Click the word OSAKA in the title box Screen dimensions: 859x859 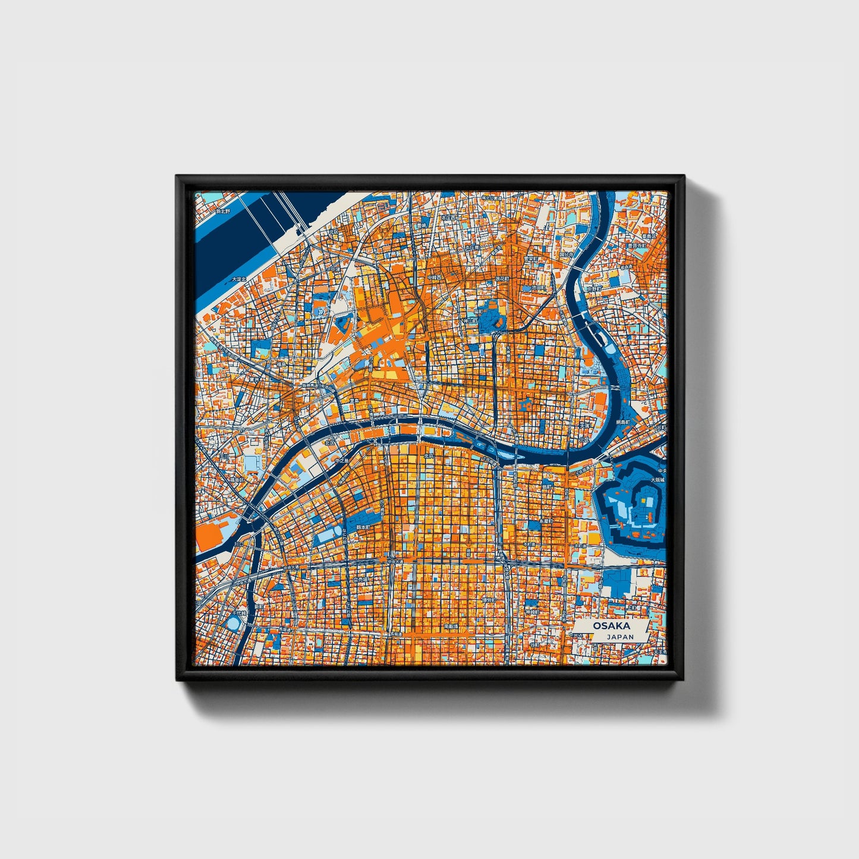click(x=611, y=627)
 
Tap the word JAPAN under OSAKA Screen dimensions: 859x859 click(x=620, y=637)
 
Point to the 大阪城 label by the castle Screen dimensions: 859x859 click(x=657, y=480)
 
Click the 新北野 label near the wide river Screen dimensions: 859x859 click(x=223, y=211)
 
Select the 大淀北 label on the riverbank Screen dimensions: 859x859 click(x=238, y=279)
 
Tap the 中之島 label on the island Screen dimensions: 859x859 click(x=341, y=461)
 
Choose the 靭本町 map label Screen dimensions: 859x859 click(x=363, y=527)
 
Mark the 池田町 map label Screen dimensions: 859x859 click(x=538, y=288)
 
